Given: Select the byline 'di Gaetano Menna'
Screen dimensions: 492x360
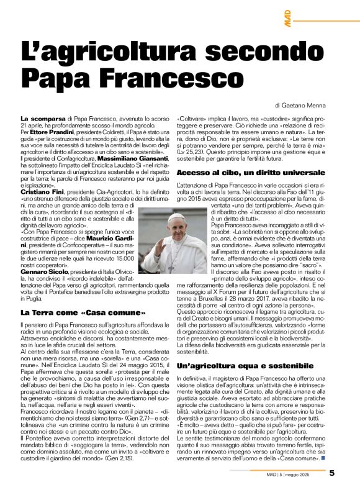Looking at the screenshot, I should [301, 106].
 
